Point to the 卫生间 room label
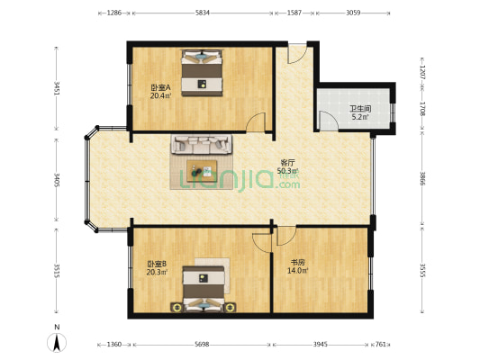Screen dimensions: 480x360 pyautogui.click(x=360, y=109)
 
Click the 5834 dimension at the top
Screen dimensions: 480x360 pyautogui.click(x=203, y=13)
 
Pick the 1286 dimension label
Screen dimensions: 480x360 pyautogui.click(x=113, y=13)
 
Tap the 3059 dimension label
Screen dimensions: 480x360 pyautogui.click(x=353, y=13)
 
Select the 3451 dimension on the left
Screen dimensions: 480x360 pyautogui.click(x=57, y=88)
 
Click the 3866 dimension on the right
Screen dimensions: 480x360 pyautogui.click(x=422, y=179)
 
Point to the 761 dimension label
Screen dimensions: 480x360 pyautogui.click(x=381, y=345)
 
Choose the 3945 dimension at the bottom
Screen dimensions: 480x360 pyautogui.click(x=321, y=345)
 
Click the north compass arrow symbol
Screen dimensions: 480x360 pyautogui.click(x=57, y=343)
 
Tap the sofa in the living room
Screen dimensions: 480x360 pyautogui.click(x=202, y=144)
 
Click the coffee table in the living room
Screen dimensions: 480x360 pyautogui.click(x=202, y=171)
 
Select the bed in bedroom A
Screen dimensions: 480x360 pyautogui.click(x=202, y=73)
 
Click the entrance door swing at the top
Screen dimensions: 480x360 pyautogui.click(x=297, y=54)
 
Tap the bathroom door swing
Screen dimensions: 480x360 pyautogui.click(x=329, y=121)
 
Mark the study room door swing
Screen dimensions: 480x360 pyautogui.click(x=286, y=236)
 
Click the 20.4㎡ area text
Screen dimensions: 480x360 pyautogui.click(x=160, y=95)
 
